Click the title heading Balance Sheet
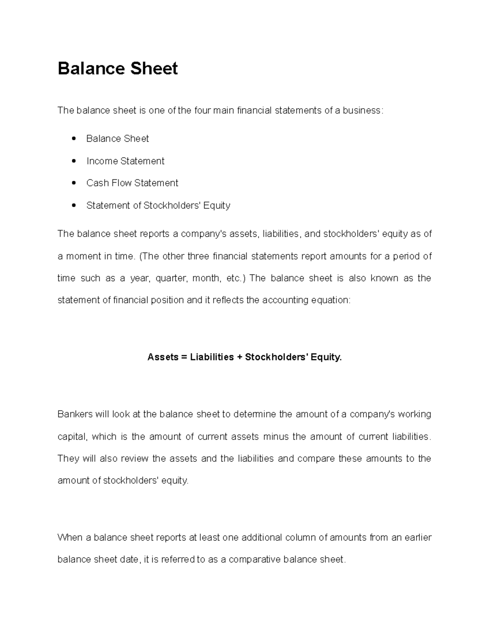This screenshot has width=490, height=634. pos(118,68)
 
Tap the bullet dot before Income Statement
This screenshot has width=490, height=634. pos(74,161)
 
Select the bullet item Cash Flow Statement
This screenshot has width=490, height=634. pos(132,183)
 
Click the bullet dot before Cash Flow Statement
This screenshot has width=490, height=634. pos(74,183)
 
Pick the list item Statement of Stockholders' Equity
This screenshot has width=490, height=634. pos(158,205)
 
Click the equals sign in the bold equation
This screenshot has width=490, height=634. pos(184,357)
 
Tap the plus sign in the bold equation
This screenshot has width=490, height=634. pos(239,357)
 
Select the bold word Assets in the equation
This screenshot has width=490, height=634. pos(163,357)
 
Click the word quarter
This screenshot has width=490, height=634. pos(171,278)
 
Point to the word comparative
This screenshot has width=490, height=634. pos(254,559)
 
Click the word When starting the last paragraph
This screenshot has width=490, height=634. pos(70,537)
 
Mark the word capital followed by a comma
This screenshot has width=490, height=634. pos(71,437)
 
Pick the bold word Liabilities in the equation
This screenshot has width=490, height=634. pos(212,357)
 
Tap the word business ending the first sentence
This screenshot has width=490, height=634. pos(361,111)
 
